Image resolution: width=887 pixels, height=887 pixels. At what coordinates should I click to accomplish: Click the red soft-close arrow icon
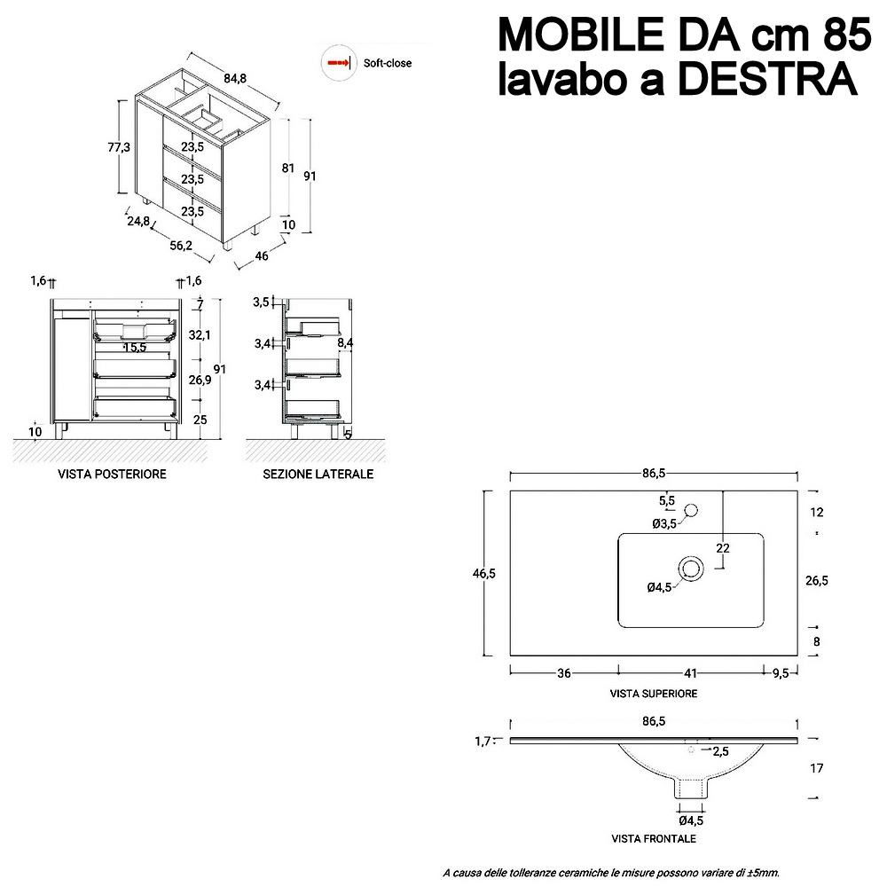(x=338, y=63)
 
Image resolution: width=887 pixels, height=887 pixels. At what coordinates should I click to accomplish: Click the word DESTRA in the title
(x=767, y=79)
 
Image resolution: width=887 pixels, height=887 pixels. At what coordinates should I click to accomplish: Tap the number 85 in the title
(x=846, y=35)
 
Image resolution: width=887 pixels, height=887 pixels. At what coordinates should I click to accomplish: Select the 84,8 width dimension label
(x=235, y=78)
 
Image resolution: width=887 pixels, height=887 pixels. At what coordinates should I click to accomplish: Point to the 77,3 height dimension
(x=119, y=147)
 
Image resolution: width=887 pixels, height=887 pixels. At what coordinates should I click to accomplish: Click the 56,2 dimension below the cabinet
(x=181, y=245)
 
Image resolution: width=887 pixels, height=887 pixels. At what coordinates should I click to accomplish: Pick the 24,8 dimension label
(x=138, y=221)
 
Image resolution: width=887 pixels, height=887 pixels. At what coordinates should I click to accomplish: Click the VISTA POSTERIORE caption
(x=112, y=474)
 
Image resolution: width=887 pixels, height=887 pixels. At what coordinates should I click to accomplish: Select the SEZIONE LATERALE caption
(x=318, y=474)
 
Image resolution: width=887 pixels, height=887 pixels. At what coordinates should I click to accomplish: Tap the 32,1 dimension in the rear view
(x=200, y=335)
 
